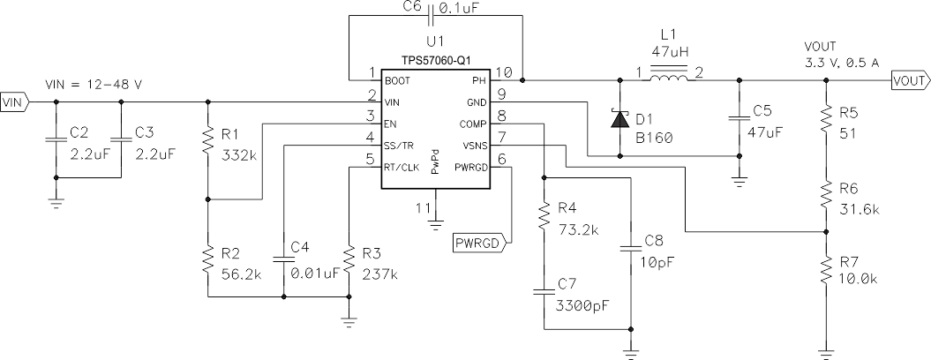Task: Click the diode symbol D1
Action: [619, 117]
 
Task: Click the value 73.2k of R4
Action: [579, 229]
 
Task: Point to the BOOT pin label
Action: [397, 80]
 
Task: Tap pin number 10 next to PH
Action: [504, 71]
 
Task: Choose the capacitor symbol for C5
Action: [737, 117]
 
